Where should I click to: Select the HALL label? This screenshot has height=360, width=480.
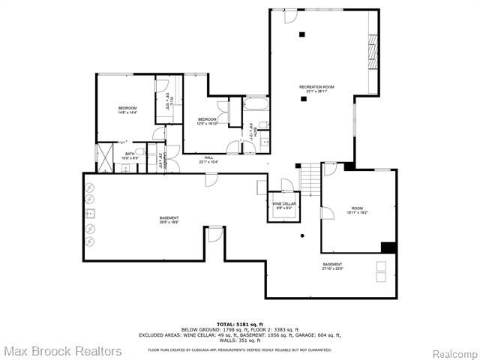point(208,158)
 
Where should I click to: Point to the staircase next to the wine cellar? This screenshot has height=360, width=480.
point(309,180)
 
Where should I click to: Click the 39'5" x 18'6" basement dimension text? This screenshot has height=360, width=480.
point(169,222)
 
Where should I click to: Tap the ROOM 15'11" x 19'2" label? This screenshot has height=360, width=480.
point(357,210)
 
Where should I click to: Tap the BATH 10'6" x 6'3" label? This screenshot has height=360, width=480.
point(130,156)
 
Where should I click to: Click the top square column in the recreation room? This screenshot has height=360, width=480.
point(302,34)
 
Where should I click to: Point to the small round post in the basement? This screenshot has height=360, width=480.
point(302,237)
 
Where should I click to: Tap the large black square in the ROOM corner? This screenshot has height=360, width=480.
point(388,247)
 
